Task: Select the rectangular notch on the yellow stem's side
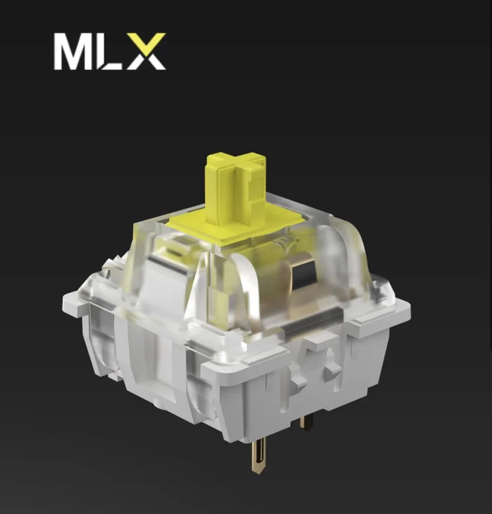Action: point(257,186)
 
